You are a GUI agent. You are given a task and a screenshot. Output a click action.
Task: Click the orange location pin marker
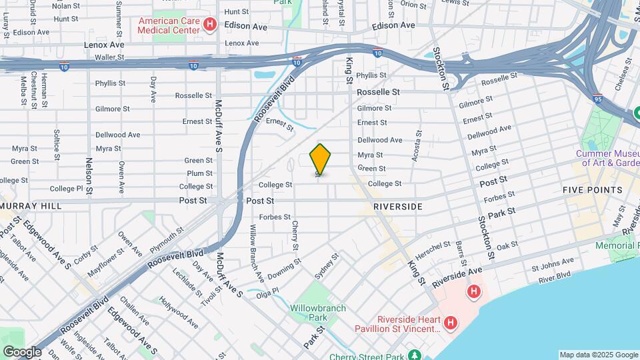pos(321,159)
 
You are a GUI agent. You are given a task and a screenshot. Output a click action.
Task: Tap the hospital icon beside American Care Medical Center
pos(210,25)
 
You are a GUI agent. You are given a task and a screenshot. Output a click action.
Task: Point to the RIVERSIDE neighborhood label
pos(398,207)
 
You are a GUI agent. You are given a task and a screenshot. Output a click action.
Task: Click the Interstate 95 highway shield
pos(597,97)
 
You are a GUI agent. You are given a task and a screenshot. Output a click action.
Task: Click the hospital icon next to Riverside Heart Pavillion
pos(451,323)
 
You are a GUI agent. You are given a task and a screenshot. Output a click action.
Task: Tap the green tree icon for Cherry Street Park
pos(415,355)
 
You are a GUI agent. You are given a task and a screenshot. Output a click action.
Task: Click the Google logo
pos(22,351)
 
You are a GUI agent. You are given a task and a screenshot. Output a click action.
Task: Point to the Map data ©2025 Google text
pos(598,355)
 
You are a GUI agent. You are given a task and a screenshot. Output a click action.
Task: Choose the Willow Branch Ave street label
pos(256,251)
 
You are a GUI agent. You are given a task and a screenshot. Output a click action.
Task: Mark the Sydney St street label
pos(327,267)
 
